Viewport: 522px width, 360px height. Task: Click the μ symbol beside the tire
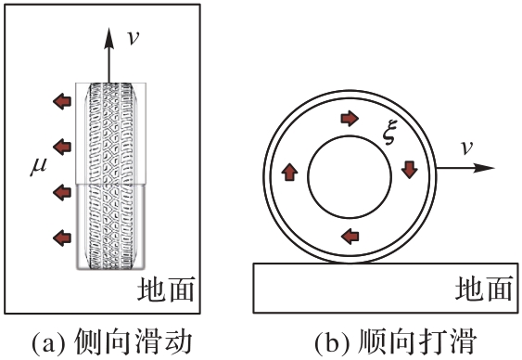click(39, 166)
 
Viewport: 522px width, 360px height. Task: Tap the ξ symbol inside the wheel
click(388, 134)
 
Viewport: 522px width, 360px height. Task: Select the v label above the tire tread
click(134, 37)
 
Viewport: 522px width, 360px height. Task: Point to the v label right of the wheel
click(466, 148)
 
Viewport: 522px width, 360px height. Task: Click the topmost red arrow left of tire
click(62, 101)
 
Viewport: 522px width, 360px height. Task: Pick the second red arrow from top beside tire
click(62, 147)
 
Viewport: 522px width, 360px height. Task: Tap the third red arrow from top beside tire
click(62, 192)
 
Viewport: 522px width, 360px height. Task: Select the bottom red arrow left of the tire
click(62, 238)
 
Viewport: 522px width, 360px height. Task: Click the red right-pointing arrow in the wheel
click(350, 118)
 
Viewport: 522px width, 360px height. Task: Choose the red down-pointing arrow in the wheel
click(409, 170)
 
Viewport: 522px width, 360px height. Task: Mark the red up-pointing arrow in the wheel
click(289, 172)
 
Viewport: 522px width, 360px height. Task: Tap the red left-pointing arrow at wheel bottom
click(350, 236)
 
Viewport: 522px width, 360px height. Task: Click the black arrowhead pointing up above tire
click(108, 38)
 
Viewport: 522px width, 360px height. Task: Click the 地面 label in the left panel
click(166, 289)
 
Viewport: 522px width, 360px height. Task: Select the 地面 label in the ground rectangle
click(483, 289)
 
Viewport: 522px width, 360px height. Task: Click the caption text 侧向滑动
click(134, 341)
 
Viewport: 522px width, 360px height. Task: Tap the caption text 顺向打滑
click(417, 341)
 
